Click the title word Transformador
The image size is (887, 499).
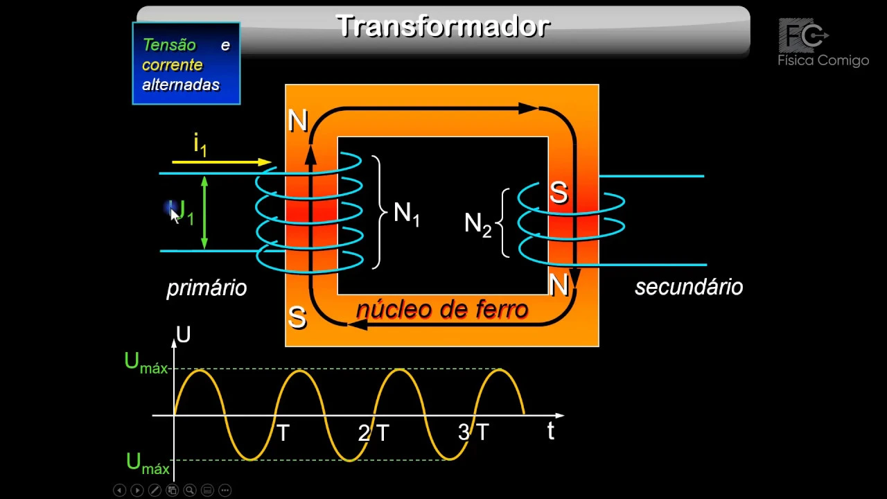pos(443,26)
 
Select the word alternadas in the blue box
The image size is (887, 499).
pos(181,85)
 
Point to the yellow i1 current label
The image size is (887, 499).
pos(200,145)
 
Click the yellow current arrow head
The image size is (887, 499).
pos(264,162)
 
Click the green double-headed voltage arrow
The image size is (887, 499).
pos(204,212)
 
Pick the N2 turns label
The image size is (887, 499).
pos(477,224)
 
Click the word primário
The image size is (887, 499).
pos(207,288)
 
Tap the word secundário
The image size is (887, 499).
pos(689,287)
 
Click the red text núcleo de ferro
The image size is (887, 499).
pos(442,309)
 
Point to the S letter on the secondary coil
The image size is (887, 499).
pos(559,193)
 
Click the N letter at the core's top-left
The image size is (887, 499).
pos(297,121)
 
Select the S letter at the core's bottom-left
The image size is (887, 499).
pos(297,317)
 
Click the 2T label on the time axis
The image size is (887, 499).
pos(374,433)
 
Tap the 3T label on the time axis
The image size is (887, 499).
pos(473,432)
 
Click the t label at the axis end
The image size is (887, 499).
pos(551,431)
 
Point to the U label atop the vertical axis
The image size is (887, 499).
pos(184,335)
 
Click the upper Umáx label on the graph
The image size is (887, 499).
pos(146,363)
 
